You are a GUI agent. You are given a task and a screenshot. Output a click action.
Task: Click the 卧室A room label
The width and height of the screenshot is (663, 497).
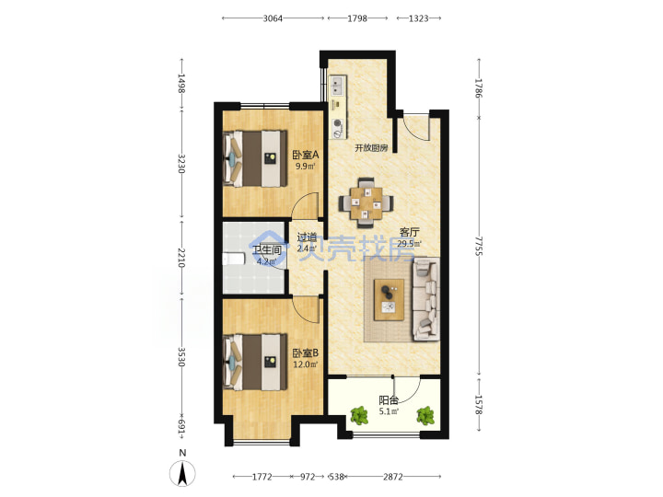pos(306,156)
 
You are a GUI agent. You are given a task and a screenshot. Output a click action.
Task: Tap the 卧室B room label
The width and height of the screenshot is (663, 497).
pos(306,353)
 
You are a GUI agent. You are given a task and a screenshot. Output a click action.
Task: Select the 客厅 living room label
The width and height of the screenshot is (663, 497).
pos(409,232)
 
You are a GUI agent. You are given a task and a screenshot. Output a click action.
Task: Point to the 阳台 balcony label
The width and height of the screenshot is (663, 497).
pos(389,400)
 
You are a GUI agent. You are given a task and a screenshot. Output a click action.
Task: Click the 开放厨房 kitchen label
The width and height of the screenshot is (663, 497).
pos(371,148)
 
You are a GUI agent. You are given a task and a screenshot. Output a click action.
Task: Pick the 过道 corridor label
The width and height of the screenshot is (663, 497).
pos(307,237)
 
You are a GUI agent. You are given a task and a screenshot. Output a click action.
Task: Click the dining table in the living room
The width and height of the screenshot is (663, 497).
pos(366,203)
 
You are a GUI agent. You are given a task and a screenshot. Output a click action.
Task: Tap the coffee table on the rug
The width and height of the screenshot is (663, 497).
pos(389,300)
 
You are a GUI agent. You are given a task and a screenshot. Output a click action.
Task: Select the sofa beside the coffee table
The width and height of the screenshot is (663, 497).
pos(425,300)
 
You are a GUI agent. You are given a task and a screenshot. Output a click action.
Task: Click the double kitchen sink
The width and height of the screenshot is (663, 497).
pos(337,86)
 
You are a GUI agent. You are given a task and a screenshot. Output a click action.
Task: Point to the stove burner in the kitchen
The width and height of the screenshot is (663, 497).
pos(337,123)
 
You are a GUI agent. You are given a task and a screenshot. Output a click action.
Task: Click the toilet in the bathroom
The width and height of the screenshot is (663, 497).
pos(233,259)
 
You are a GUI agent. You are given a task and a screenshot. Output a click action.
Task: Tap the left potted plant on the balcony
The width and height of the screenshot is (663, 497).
pos(359,415)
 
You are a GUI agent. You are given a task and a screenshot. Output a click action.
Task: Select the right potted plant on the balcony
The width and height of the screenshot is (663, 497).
pos(425,415)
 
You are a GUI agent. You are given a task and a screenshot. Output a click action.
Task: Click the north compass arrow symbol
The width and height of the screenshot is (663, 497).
pos(182,473)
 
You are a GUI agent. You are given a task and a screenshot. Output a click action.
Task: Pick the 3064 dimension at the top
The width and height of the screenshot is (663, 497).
pos(273,18)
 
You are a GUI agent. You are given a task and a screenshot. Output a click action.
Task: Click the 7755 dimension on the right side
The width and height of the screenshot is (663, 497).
pos(478,246)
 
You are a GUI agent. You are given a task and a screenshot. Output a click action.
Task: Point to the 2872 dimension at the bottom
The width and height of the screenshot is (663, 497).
pos(393,477)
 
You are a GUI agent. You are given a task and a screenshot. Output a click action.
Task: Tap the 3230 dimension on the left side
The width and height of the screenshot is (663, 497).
pos(181,164)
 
